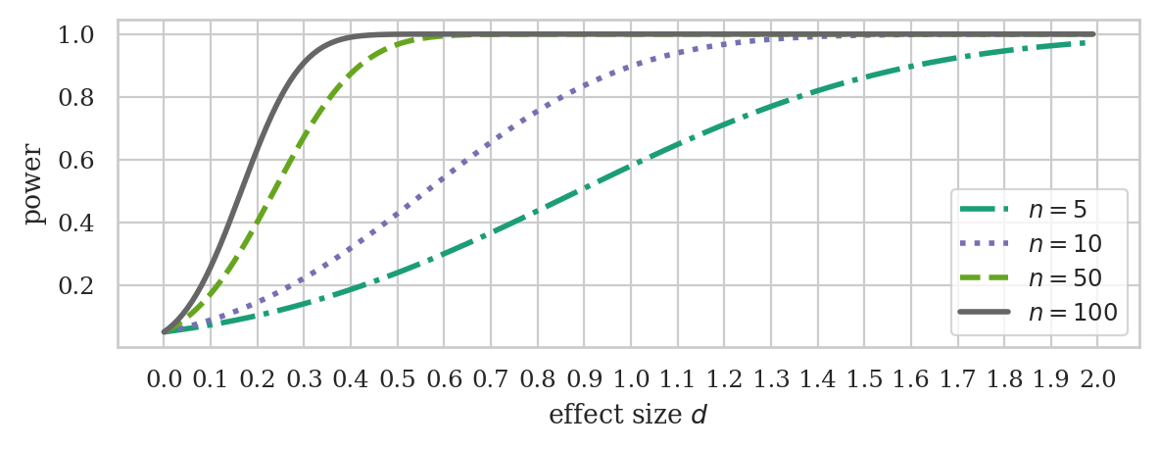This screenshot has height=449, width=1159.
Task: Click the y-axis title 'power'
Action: click(35, 183)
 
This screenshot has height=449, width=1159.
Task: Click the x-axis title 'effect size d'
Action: click(627, 415)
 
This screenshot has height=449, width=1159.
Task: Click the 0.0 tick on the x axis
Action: click(163, 378)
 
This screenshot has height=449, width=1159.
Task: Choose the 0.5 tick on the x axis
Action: click(397, 378)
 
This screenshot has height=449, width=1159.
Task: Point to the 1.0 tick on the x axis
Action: click(630, 378)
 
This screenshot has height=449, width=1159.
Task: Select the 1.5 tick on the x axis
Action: click(864, 378)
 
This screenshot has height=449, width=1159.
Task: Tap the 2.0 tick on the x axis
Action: click(1097, 378)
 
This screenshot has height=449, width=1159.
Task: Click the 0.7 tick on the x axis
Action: click(490, 378)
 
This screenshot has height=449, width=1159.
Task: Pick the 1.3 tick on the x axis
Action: click(770, 378)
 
